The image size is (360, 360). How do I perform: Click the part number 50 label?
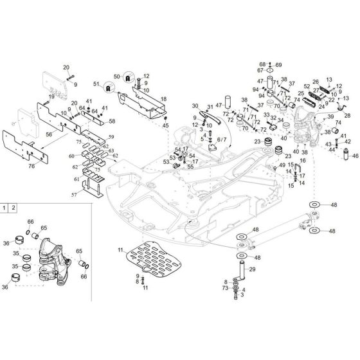click(117, 76)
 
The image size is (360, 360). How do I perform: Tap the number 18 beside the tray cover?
click(163, 99)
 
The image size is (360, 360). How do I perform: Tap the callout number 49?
click(282, 166)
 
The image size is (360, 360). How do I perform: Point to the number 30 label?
click(195, 105)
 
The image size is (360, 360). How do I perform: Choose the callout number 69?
click(279, 65)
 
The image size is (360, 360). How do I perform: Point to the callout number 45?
click(166, 125)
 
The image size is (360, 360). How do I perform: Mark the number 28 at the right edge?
click(347, 114)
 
